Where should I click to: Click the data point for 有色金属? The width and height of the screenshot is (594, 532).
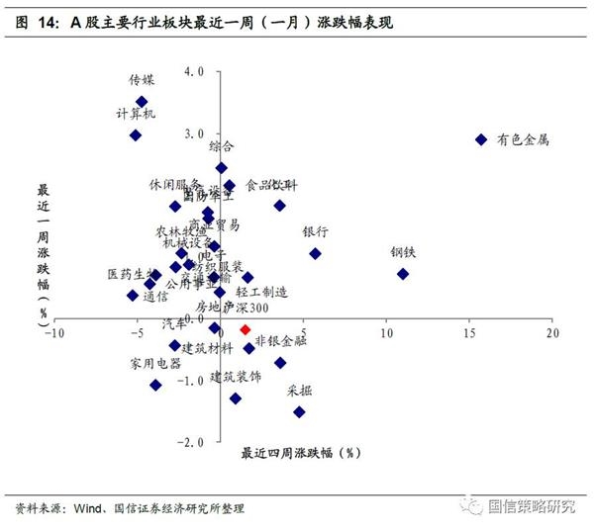coord(481,140)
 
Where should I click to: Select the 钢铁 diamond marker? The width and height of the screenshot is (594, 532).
coord(403,274)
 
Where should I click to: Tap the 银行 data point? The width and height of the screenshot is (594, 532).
coord(316,253)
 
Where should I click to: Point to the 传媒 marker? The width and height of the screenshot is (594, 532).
coord(142,102)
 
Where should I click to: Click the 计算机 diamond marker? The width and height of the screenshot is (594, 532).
coord(136,134)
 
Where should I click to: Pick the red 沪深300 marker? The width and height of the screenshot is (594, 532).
coord(246,329)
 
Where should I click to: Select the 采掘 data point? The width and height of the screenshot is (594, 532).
coord(299,411)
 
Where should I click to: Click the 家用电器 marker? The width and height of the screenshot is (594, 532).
coord(155,385)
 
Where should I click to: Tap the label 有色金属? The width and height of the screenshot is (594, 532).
coord(523,140)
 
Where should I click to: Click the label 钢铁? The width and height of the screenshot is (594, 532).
coord(403,252)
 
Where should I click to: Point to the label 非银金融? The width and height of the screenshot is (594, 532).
coord(280,341)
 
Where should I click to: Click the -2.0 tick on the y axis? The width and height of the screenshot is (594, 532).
coord(192,441)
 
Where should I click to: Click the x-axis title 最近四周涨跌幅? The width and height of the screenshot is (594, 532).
coord(298,453)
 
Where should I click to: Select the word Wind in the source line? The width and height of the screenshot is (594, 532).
coord(86,508)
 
